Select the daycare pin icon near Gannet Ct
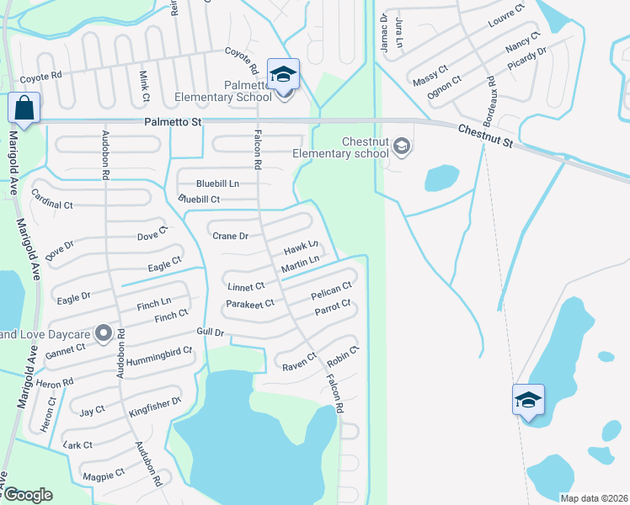104,334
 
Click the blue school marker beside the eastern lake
528,400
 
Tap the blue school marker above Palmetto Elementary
284,75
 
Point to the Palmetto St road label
172,123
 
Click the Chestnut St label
485,135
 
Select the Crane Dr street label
230,237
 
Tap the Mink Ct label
144,87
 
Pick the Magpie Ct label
103,473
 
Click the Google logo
28,495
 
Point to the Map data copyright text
592,498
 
